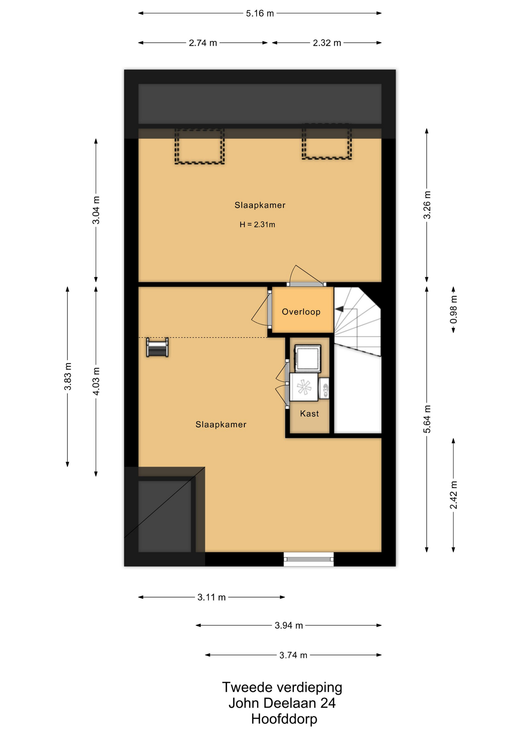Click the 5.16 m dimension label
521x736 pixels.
[260, 13]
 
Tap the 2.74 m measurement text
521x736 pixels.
[203, 43]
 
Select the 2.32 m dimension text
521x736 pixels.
[327, 43]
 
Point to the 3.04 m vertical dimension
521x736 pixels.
[96, 210]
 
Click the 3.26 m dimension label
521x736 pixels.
[427, 205]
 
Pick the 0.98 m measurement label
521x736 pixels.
[453, 309]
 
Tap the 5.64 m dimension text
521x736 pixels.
[427, 419]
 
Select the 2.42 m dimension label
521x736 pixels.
[453, 495]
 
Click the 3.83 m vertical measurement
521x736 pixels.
[68, 376]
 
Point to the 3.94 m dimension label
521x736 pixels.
[289, 626]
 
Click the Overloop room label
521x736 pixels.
[301, 312]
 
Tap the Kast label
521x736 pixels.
[310, 413]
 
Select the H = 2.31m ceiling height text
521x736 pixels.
[257, 225]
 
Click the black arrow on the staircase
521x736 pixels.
[339, 309]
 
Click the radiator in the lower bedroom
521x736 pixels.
[157, 347]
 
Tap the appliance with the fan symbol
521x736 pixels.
[304, 387]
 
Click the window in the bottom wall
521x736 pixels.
[308, 559]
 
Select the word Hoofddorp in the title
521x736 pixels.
[284, 719]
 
